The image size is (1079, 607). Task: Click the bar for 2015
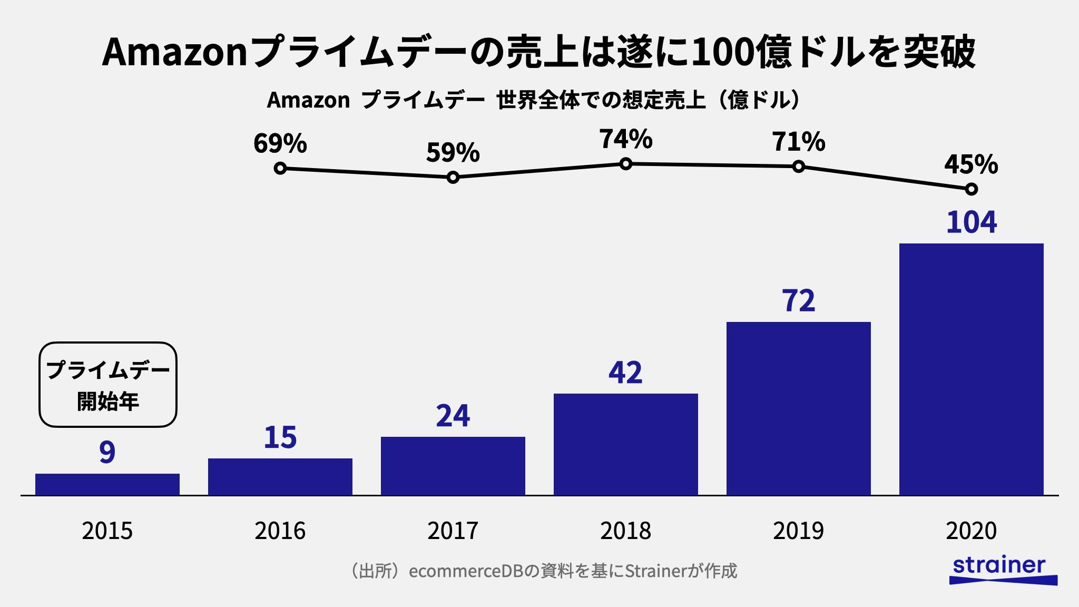click(107, 484)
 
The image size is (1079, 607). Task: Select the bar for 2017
click(453, 466)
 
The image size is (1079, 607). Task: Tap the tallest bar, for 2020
click(972, 369)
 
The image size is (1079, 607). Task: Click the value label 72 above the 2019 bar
click(799, 301)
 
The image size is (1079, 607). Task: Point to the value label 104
click(972, 222)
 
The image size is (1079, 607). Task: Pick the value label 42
click(626, 373)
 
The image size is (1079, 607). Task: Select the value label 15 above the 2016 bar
click(280, 437)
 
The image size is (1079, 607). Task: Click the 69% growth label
click(280, 143)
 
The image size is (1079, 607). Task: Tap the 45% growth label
click(971, 164)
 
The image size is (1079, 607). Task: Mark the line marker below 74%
click(626, 164)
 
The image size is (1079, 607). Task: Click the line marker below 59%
click(453, 178)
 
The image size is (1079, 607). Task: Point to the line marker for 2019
click(799, 167)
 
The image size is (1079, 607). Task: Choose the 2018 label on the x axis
click(626, 531)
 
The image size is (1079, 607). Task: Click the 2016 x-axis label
click(280, 531)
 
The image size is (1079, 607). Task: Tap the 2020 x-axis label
click(972, 531)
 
